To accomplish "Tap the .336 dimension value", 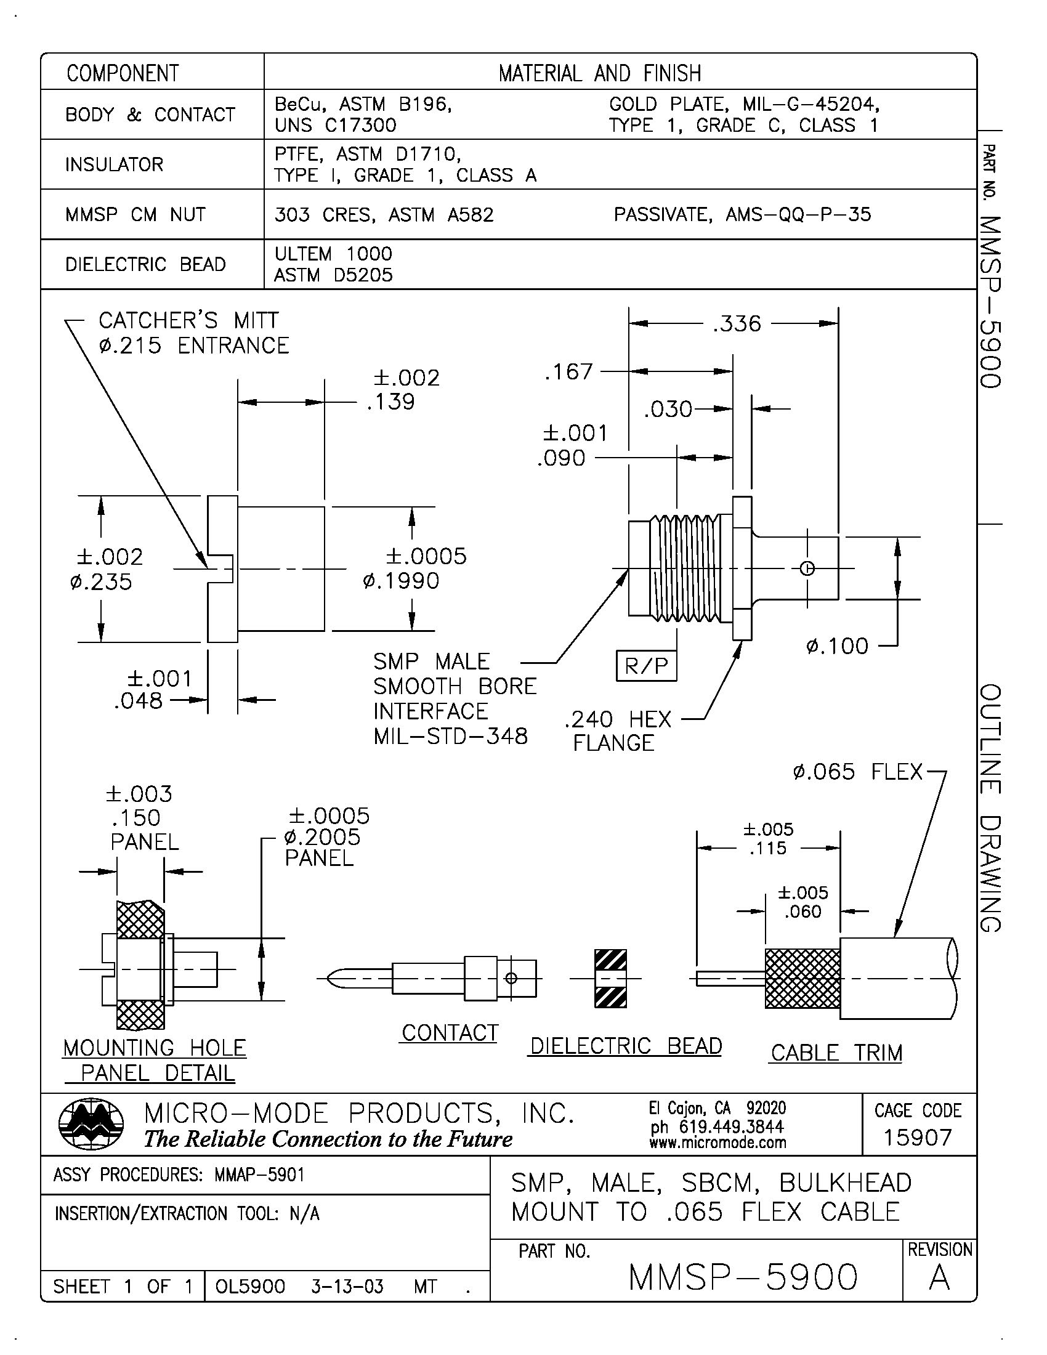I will (x=736, y=324).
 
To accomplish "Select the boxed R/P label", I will (x=646, y=666).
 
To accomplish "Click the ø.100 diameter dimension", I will (x=837, y=647).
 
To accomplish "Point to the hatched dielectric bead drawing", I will (x=610, y=979).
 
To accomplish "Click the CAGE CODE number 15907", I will (x=918, y=1138).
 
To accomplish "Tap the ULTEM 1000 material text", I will (x=333, y=254).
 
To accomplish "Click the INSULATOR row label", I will (x=114, y=164).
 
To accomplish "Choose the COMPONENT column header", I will (x=122, y=73).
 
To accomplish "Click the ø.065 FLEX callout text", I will (x=858, y=772).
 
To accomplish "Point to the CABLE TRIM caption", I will (x=836, y=1053).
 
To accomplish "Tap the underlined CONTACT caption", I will (x=450, y=1033).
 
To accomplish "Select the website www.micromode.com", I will (x=718, y=1142).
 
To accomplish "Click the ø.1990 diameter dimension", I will (x=402, y=581).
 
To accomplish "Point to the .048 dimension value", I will (x=138, y=701).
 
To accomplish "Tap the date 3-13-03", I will (x=347, y=1287).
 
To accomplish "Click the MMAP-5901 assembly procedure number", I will (x=259, y=1175).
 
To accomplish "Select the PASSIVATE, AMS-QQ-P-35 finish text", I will (x=742, y=215).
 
